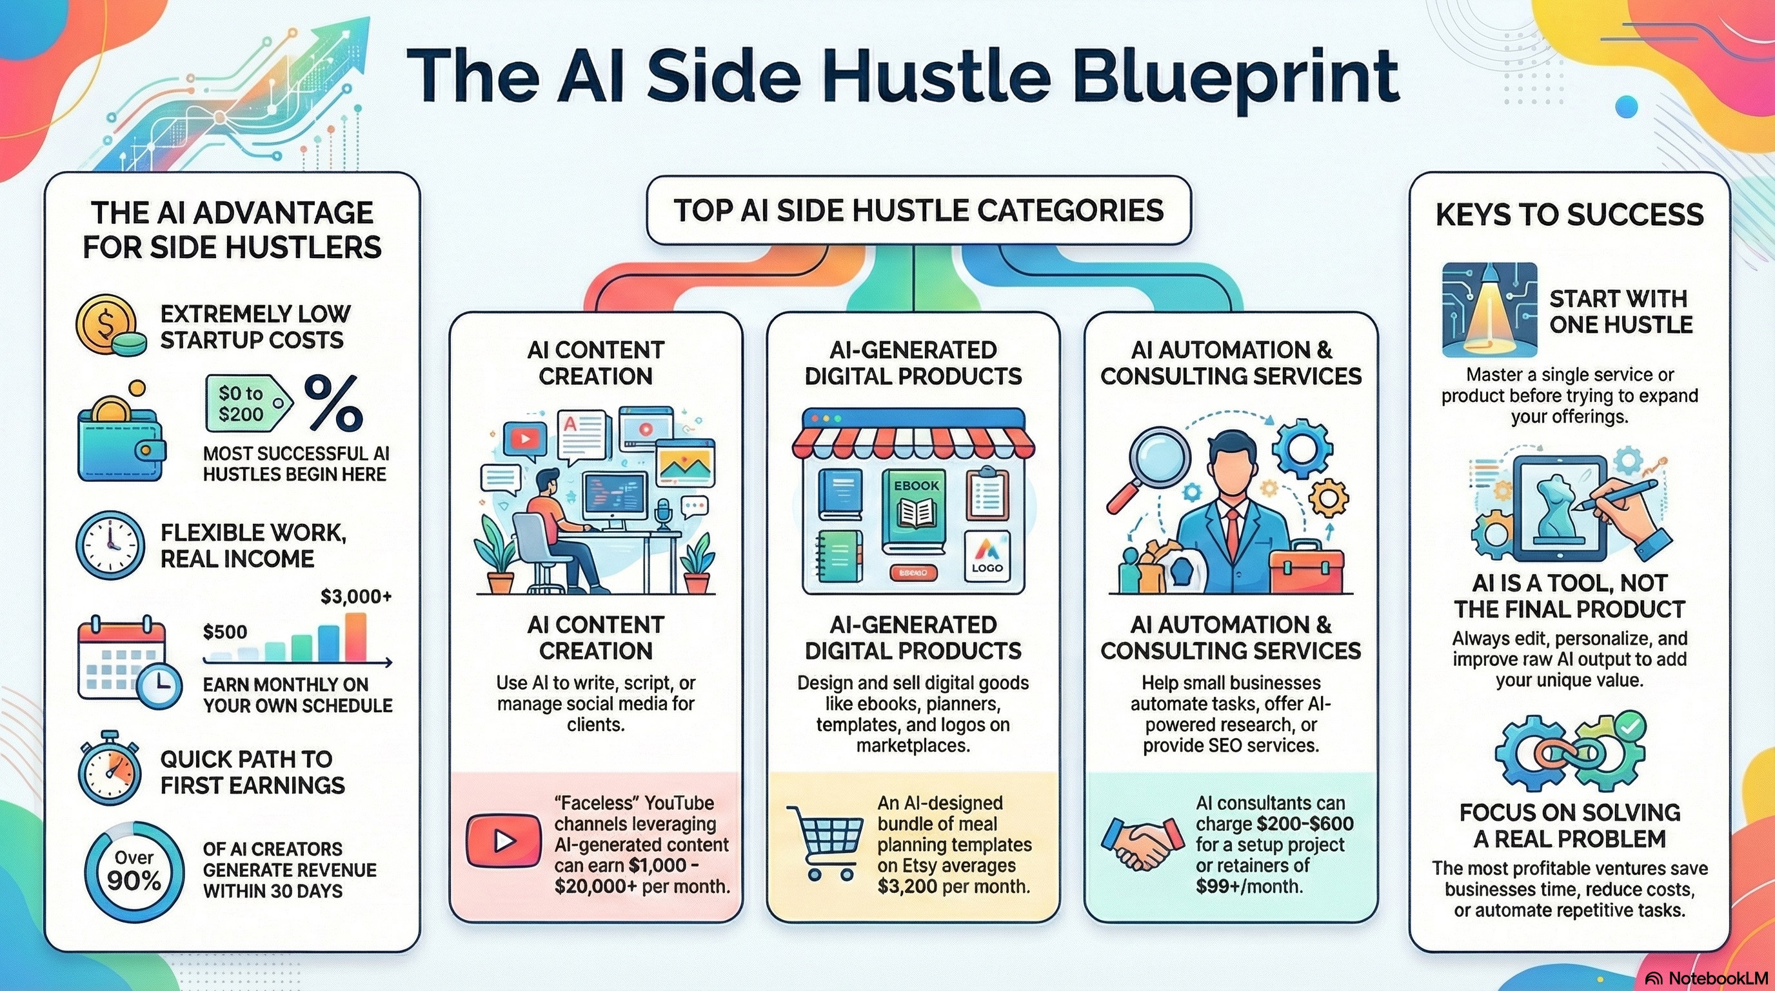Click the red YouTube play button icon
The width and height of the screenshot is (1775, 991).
[x=503, y=840]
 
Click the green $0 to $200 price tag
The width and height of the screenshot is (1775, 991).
[x=246, y=404]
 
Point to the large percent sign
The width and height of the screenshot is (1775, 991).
[x=333, y=403]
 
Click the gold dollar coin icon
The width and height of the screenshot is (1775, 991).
[x=103, y=323]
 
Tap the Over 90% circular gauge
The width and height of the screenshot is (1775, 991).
[x=134, y=871]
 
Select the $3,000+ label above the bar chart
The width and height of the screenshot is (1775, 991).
[x=356, y=597]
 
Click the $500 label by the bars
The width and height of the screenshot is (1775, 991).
[x=224, y=632]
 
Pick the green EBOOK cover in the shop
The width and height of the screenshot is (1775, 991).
[x=915, y=512]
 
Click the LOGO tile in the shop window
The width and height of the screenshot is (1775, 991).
[x=987, y=556]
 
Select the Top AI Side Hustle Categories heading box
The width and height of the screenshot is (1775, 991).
[x=918, y=210]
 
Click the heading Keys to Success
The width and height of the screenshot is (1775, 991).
[x=1569, y=215]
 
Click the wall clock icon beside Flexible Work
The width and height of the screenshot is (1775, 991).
[x=110, y=545]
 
